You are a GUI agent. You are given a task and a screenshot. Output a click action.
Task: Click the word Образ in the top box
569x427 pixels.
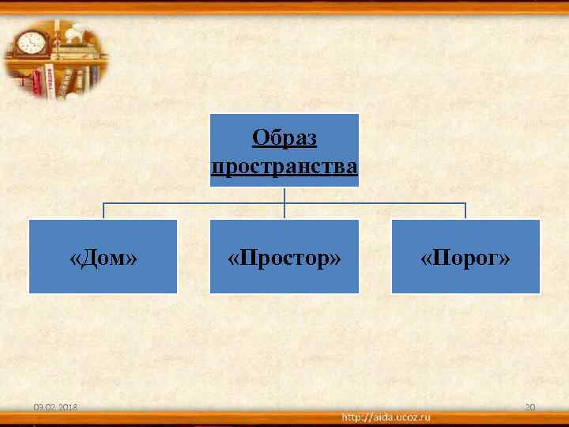tap(284, 138)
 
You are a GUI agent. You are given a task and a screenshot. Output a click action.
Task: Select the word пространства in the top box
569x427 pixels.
tap(284, 168)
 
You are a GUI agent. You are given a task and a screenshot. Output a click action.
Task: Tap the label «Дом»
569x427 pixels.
tap(104, 259)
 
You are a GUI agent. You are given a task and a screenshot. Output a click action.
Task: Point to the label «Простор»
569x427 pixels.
tap(284, 259)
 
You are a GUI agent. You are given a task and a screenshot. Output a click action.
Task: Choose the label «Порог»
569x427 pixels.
tap(465, 259)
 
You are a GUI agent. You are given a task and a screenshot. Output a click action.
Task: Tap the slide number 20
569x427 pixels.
tap(530, 407)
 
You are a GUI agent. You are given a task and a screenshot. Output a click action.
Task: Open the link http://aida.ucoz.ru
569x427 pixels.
tap(386, 416)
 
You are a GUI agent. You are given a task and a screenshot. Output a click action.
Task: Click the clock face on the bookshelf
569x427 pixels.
tap(31, 42)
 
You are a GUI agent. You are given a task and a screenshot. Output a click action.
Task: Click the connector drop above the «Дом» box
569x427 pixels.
tap(104, 211)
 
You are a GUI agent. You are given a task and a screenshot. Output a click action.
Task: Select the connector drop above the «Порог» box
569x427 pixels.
tap(465, 211)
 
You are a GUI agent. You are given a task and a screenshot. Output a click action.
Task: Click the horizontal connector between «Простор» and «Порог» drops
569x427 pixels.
tap(375, 203)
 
